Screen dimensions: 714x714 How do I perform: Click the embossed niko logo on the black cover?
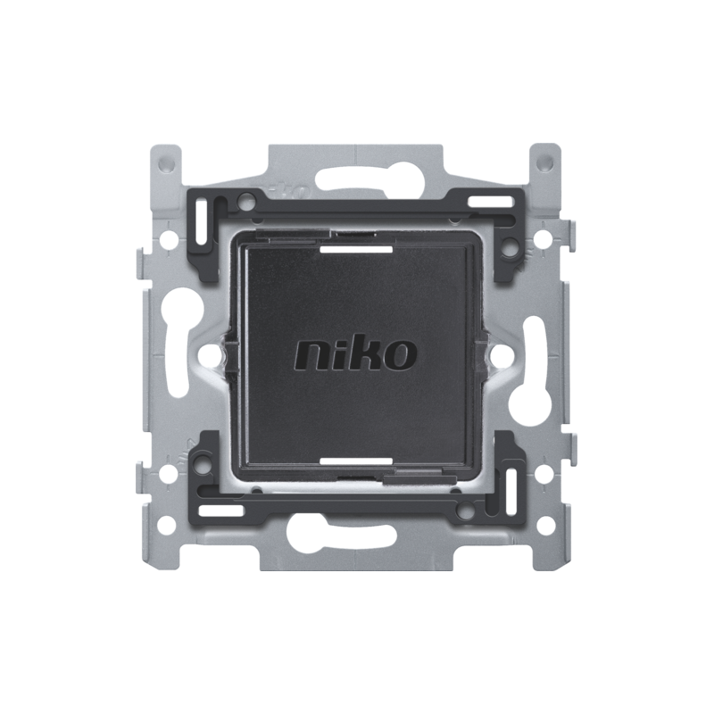click(355, 354)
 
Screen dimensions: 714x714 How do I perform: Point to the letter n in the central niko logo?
click(311, 356)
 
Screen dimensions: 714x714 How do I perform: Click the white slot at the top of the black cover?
click(356, 250)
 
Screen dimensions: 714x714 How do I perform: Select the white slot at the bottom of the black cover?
click(356, 461)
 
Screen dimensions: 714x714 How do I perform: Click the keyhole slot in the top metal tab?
click(356, 179)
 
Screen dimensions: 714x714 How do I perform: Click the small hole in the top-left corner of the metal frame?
click(167, 162)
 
